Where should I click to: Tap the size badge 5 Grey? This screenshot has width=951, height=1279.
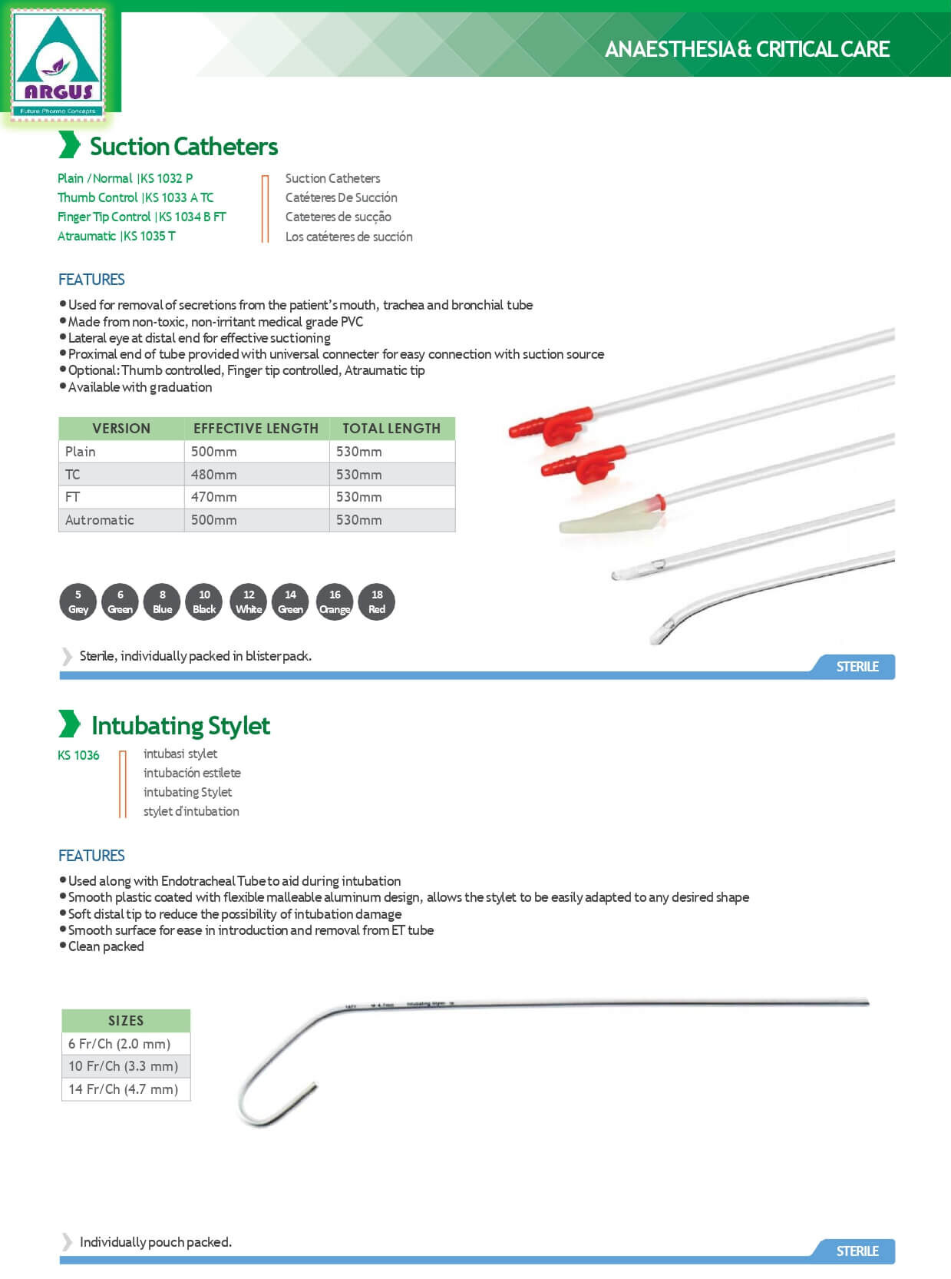[78, 601]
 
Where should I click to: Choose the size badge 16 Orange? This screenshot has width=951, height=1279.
[335, 601]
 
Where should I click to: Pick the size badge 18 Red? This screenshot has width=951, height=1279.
[377, 601]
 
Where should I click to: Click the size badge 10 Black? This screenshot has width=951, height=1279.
[204, 601]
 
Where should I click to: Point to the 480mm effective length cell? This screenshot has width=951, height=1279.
[214, 475]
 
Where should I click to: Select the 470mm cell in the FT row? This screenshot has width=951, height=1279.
[214, 497]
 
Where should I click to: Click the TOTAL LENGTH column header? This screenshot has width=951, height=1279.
[391, 429]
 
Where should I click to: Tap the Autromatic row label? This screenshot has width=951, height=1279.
[99, 520]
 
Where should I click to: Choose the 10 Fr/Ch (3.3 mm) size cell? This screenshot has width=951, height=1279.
[124, 1066]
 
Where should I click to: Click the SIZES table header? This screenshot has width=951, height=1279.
[126, 1021]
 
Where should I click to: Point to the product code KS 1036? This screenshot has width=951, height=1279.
[78, 755]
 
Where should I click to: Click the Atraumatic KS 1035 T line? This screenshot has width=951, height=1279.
[117, 236]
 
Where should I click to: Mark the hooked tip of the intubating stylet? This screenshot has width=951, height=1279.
[314, 1088]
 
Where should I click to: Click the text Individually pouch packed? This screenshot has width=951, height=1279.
[156, 1241]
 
